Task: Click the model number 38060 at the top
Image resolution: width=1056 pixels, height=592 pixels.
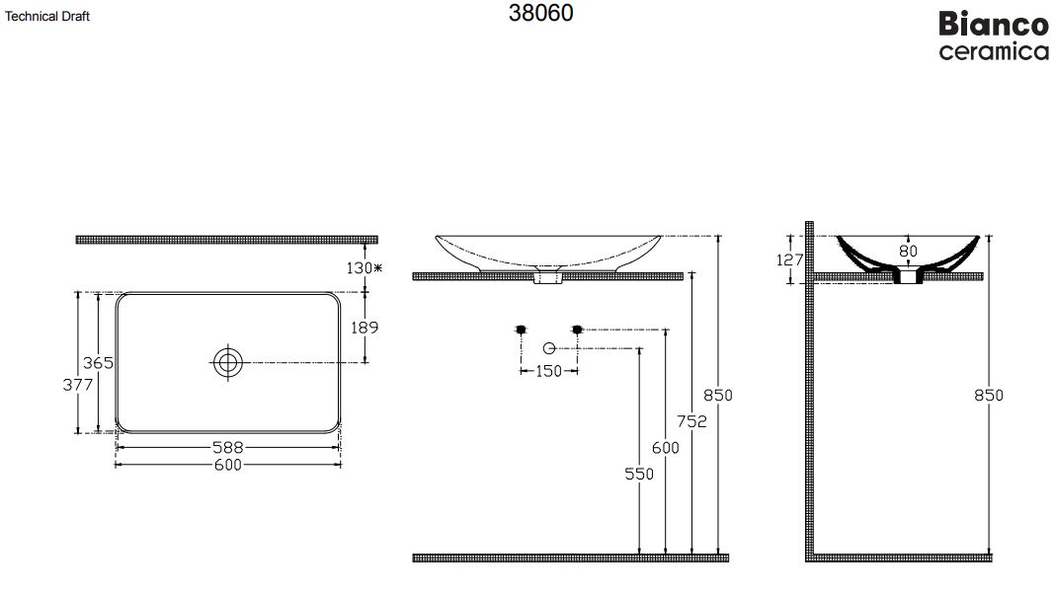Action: [x=540, y=13]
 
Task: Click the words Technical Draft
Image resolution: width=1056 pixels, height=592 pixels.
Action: [x=47, y=16]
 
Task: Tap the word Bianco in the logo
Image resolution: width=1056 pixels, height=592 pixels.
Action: [x=994, y=25]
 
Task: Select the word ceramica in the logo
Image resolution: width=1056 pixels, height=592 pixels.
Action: [x=994, y=51]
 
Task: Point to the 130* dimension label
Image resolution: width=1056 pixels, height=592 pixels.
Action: [x=365, y=267]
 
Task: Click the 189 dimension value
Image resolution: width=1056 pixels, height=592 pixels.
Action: [x=365, y=328]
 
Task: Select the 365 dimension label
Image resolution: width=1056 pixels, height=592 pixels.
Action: [x=98, y=363]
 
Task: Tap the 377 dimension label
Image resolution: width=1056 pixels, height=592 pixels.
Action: [x=77, y=385]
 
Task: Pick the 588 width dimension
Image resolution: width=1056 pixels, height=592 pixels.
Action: [x=227, y=447]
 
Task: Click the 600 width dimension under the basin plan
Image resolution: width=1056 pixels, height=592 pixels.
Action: [x=227, y=465]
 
